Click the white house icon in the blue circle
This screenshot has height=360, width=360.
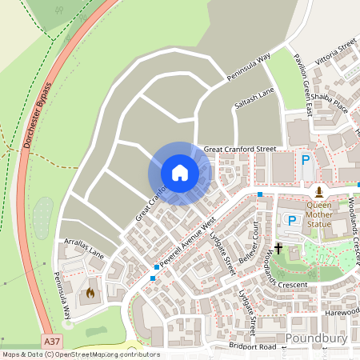coord(180,173)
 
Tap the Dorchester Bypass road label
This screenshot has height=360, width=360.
coord(38,117)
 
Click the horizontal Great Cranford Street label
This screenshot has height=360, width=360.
coord(239,149)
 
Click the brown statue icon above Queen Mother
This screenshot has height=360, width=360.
coord(319,192)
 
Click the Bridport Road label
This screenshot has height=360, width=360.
coord(252,346)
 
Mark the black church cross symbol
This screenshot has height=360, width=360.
coord(279,250)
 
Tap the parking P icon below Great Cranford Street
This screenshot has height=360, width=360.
coord(306,160)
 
